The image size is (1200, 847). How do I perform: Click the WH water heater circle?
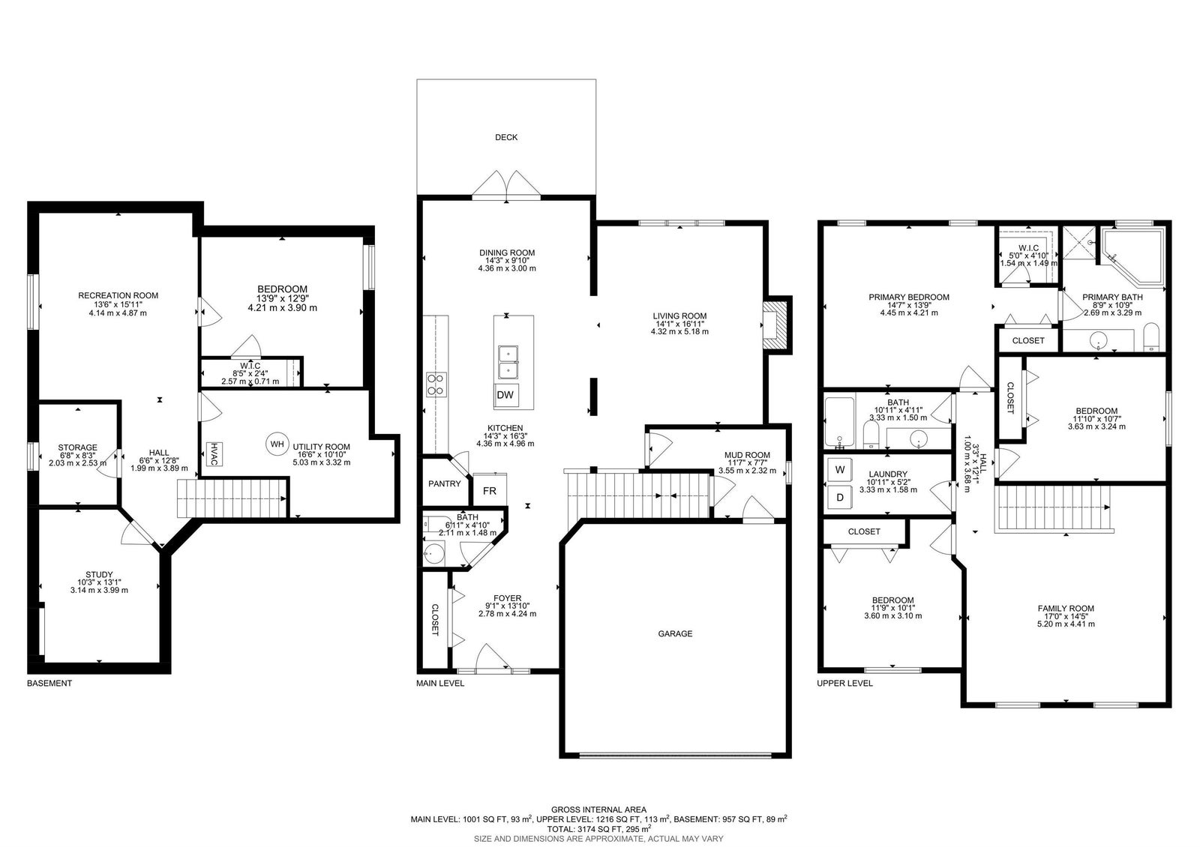(x=277, y=444)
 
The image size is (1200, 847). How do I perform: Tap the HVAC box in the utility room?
(x=214, y=454)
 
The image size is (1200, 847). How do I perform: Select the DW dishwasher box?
(x=505, y=395)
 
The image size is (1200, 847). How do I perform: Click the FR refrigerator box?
(x=490, y=489)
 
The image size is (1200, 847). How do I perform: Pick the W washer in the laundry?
(x=840, y=469)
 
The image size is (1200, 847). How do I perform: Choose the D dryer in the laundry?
(x=840, y=498)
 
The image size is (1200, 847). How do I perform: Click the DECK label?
(x=506, y=138)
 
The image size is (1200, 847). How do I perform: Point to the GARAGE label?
(x=675, y=634)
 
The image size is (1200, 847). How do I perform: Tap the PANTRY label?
(x=445, y=484)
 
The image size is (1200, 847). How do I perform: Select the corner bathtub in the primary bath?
(x=1132, y=256)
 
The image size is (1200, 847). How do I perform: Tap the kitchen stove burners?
(x=436, y=385)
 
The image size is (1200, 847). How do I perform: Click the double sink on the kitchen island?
(x=508, y=363)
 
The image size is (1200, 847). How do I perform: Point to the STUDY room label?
(x=99, y=575)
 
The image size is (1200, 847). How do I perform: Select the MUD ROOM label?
(x=747, y=455)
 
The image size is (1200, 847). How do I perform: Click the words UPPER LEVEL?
(x=844, y=684)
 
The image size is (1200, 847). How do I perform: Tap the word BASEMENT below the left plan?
(x=49, y=684)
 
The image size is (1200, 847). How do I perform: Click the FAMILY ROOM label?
(x=1066, y=609)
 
